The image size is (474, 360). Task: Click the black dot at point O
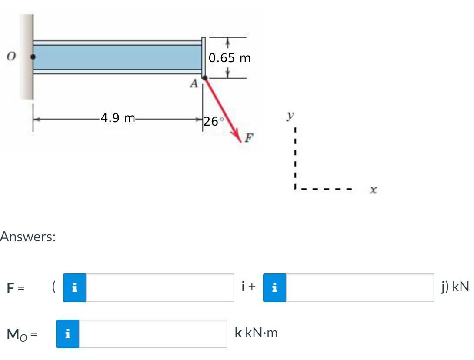point(33,57)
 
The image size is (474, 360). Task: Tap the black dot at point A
point(205,78)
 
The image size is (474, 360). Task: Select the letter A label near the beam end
point(194,83)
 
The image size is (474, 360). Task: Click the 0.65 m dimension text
point(230,58)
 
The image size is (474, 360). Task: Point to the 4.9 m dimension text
point(117,118)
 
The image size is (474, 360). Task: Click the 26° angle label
point(213,121)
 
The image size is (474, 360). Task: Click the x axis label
point(373,190)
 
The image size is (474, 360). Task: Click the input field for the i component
point(160,288)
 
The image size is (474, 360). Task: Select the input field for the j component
point(360,288)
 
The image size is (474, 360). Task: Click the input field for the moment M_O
point(153,334)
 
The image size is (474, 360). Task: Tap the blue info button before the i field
point(74,288)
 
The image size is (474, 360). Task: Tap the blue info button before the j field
point(274,288)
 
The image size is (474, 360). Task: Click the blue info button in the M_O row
point(67,334)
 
